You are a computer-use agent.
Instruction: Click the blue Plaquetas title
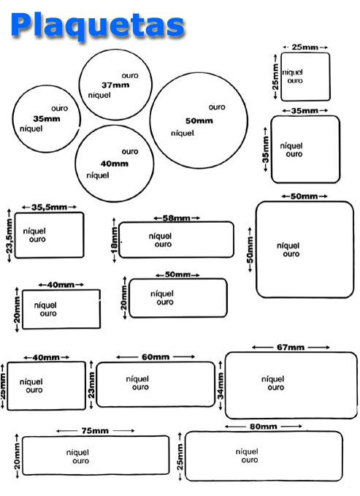97,25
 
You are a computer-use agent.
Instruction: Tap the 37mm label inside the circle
115,85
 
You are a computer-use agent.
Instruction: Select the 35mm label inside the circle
47,118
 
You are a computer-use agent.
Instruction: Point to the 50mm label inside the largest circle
199,121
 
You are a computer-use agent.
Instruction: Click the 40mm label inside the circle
115,164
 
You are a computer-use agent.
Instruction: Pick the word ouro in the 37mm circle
130,75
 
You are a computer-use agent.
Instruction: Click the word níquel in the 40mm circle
98,175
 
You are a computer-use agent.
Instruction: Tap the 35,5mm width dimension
50,207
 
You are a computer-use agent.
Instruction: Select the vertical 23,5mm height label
9,235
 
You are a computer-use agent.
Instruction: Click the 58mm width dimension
177,218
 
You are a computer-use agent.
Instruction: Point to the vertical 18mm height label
114,240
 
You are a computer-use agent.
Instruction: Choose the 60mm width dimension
156,356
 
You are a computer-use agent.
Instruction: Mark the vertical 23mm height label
91,385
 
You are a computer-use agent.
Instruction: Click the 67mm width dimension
291,347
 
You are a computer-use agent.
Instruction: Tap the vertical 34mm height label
221,386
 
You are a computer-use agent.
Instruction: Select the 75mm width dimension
95,430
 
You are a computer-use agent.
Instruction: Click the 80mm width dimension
264,427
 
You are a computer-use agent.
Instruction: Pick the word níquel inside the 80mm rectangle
247,451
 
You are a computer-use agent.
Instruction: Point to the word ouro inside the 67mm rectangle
276,387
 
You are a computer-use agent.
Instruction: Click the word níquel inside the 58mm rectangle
161,236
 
